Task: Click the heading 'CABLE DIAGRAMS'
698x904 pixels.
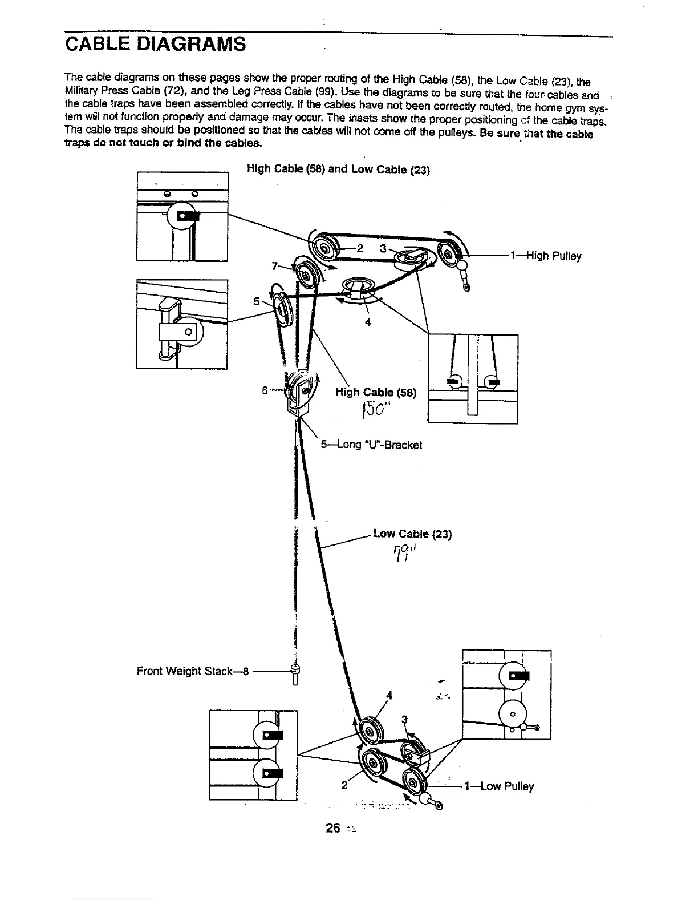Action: point(155,43)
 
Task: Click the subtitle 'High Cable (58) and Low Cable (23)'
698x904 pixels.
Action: point(338,169)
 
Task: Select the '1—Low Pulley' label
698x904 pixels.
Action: point(499,786)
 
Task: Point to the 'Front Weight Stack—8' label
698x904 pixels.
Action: point(193,671)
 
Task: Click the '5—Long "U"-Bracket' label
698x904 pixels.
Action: point(371,445)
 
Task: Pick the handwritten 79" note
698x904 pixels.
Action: point(406,552)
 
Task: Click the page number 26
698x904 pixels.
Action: point(332,827)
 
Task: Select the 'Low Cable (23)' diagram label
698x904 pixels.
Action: point(412,534)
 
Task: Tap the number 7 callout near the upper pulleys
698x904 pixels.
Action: point(275,266)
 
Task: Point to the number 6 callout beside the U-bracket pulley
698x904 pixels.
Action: point(265,390)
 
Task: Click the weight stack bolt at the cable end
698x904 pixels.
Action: point(295,674)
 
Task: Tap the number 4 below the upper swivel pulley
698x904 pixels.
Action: point(368,322)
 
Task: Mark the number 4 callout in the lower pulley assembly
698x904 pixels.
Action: point(389,695)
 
